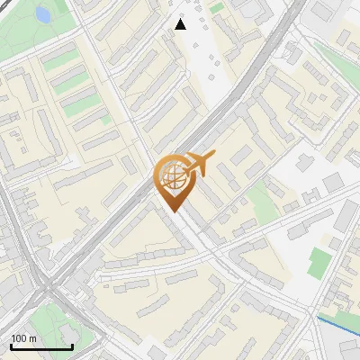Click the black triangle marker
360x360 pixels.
pos(180,24)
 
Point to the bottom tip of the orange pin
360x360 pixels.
pos(173,211)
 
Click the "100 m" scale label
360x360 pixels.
pos(23,338)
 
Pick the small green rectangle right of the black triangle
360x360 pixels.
pos(217,8)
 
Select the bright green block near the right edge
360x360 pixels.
pos(318,263)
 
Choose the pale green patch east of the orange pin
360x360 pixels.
pos(262,202)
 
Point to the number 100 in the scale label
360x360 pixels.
pos(19,338)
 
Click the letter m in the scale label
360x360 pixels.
pos(32,338)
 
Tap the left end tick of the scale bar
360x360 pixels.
pos(11,346)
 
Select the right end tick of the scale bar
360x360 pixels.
pos(72,346)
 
